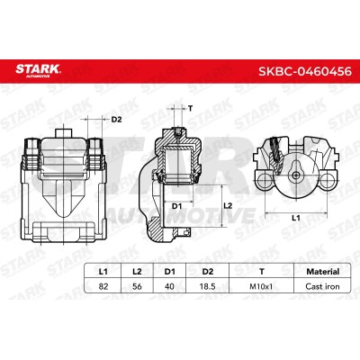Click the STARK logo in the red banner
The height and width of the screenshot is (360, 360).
[38, 70]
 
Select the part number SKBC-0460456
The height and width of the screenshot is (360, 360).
[305, 71]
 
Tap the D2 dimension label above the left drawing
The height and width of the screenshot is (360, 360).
[116, 120]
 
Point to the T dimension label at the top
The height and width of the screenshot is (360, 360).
[190, 108]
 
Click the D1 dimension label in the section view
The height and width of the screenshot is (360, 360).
[177, 206]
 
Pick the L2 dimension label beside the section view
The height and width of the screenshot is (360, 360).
[229, 205]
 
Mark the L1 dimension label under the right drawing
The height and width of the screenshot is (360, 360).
[296, 218]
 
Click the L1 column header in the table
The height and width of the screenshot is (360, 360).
[103, 272]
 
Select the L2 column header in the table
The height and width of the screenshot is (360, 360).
[137, 272]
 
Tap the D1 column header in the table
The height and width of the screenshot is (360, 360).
[169, 272]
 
